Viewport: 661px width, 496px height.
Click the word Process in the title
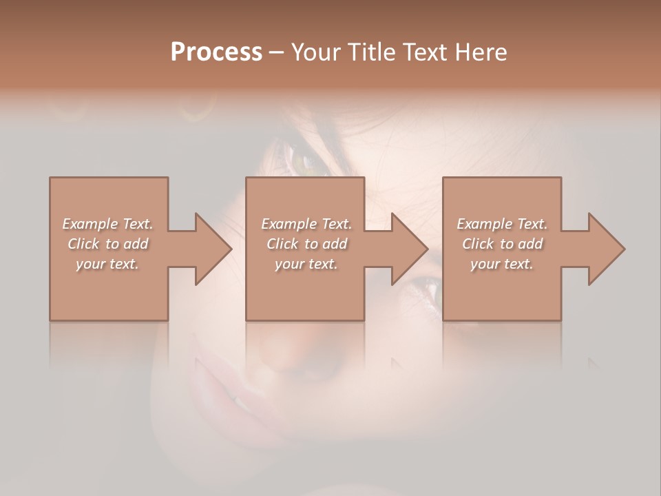tap(216, 52)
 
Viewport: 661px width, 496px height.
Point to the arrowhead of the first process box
tap(213, 249)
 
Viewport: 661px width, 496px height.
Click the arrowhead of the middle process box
tap(410, 249)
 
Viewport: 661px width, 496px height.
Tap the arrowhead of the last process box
tap(607, 249)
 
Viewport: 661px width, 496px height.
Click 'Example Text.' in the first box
tap(107, 224)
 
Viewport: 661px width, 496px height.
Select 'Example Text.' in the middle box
tap(306, 224)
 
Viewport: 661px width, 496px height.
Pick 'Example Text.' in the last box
tap(502, 224)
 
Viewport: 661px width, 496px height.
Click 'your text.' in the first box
tap(107, 264)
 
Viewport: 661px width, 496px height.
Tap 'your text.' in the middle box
tap(306, 264)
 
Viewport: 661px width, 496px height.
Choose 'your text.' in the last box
tap(502, 264)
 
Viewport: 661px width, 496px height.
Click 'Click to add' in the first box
tap(107, 244)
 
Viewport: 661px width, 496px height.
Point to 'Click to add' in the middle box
tap(306, 244)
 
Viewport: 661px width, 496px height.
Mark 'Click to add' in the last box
tap(502, 244)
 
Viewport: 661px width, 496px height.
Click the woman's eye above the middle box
tap(301, 161)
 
